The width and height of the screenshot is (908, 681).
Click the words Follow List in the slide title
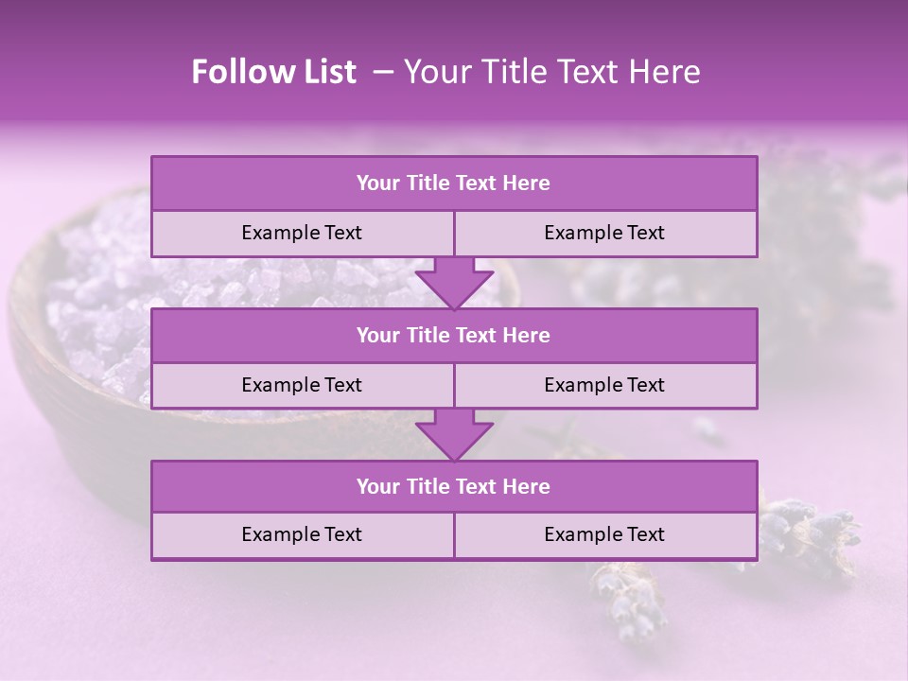click(x=273, y=72)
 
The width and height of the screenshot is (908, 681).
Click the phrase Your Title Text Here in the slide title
click(x=551, y=72)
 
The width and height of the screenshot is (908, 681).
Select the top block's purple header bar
click(x=454, y=183)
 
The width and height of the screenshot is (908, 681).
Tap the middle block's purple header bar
click(x=454, y=336)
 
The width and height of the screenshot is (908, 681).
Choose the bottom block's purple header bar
click(x=454, y=487)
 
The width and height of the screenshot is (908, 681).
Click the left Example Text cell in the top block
click(x=302, y=234)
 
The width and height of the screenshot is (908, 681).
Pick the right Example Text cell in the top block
click(x=605, y=234)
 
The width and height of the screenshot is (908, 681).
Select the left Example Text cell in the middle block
click(x=302, y=386)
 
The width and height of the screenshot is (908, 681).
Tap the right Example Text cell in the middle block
click(x=605, y=386)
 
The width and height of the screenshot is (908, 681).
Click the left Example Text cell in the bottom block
click(x=302, y=535)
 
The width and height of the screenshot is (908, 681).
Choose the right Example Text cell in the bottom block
click(x=605, y=535)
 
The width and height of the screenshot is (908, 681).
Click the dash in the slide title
click(x=383, y=72)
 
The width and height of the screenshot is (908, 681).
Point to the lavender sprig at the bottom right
click(x=804, y=530)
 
